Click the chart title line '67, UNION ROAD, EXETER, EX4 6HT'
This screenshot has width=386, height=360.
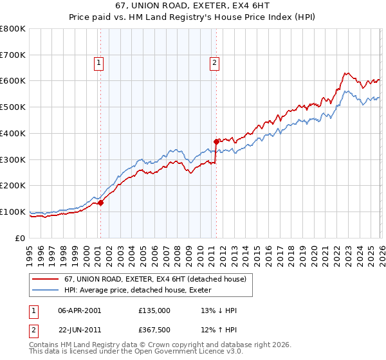[x=192, y=7]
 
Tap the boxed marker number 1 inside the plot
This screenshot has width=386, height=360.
[x=98, y=62]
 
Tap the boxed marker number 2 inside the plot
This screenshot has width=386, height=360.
[x=214, y=62]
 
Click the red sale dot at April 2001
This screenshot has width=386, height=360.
[x=101, y=203]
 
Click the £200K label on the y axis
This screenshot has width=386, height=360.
[x=13, y=186]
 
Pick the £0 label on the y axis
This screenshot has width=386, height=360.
[x=19, y=238]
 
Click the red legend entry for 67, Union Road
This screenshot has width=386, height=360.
[x=154, y=279]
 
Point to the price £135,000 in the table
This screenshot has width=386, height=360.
[x=154, y=310]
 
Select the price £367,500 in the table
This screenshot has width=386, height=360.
[x=154, y=330]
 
